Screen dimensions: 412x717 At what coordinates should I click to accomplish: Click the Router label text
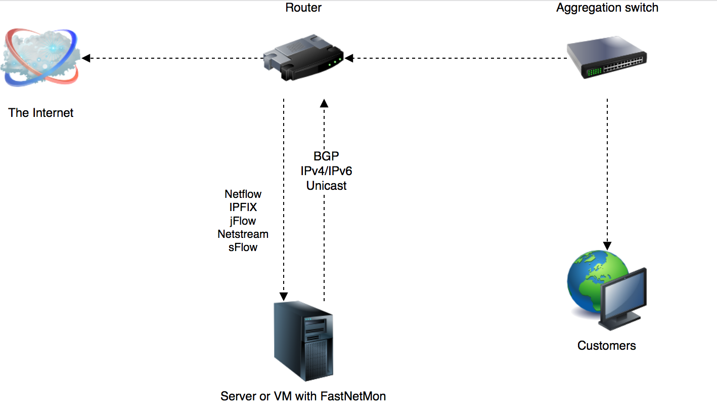click(x=303, y=8)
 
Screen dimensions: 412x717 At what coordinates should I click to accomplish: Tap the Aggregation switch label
click(x=607, y=8)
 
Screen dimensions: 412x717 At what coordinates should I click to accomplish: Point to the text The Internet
click(x=41, y=113)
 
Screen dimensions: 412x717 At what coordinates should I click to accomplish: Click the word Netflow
click(x=243, y=194)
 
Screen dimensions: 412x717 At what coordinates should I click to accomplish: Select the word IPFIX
click(x=243, y=208)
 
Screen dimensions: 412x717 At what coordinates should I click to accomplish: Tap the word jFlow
click(x=243, y=221)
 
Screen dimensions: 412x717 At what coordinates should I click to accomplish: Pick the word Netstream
click(x=243, y=234)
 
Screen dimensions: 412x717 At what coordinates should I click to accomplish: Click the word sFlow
click(x=243, y=248)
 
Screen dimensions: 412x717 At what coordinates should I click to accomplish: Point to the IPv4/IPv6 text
click(x=326, y=171)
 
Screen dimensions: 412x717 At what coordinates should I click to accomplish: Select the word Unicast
click(x=326, y=186)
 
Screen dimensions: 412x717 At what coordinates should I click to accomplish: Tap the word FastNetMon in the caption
click(x=353, y=396)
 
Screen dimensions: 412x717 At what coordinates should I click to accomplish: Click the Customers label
click(x=606, y=346)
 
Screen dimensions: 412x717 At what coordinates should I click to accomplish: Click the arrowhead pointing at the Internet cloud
click(x=86, y=58)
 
